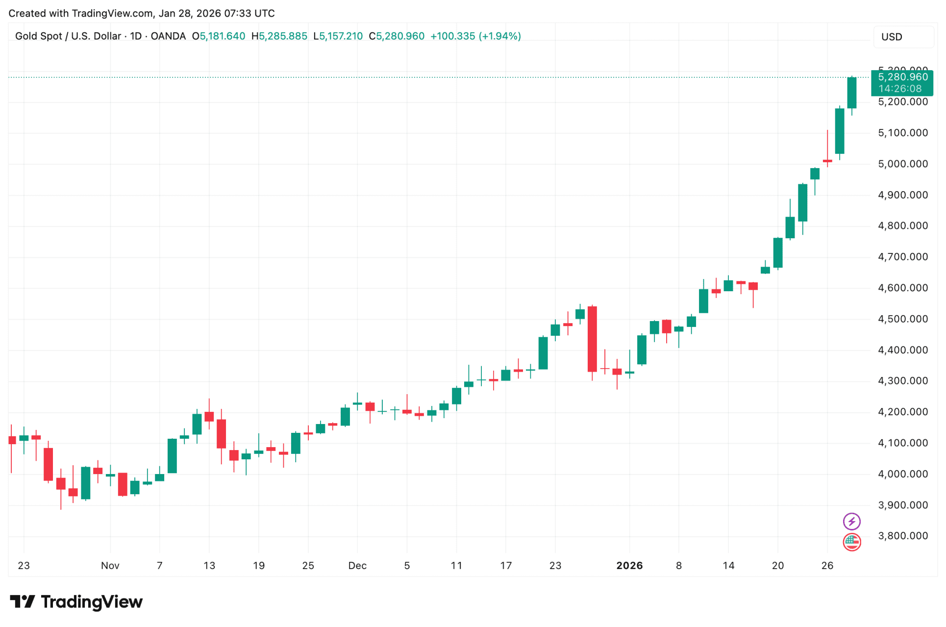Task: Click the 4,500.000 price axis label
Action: pos(902,319)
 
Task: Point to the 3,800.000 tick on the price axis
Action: pos(902,536)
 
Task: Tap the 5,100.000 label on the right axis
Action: pos(902,133)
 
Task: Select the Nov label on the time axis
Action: pos(110,566)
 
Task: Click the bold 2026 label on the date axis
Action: pos(629,566)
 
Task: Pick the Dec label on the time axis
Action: pos(357,566)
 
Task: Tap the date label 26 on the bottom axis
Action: pos(827,566)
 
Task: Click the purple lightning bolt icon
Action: pos(851,521)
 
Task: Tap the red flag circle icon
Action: pos(851,542)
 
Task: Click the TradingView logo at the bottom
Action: pos(76,602)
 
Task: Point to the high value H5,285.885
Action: pos(279,36)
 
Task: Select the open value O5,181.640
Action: pos(219,36)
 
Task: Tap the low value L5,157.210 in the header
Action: pos(338,36)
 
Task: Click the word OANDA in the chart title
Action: pos(168,36)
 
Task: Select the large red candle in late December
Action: pos(592,339)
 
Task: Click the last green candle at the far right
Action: pos(852,93)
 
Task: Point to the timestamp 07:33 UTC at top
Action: pos(249,13)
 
